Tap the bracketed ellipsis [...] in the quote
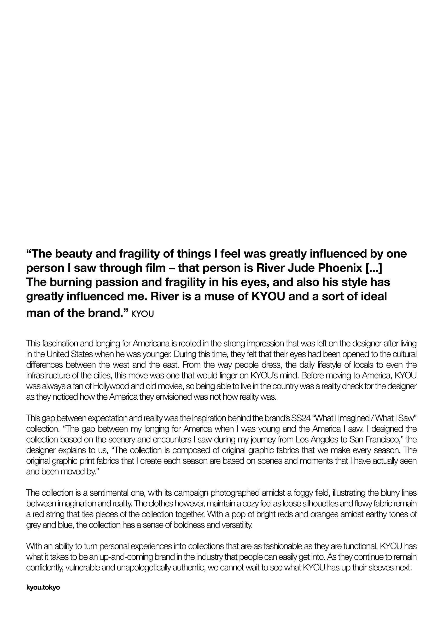[x=373, y=268]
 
